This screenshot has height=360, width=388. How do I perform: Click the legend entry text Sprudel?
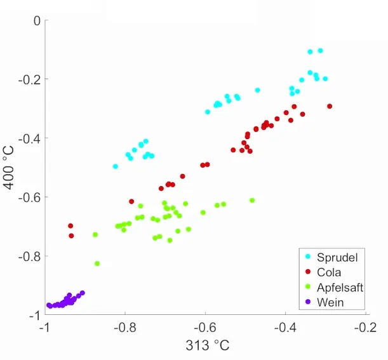point(337,258)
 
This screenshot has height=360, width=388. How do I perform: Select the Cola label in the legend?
point(329,272)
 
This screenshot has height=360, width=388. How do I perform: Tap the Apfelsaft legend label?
point(340,288)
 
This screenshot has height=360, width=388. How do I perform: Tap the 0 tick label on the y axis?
point(37,21)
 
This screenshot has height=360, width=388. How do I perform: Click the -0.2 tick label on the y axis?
point(31,79)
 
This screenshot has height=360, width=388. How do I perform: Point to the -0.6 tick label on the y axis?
point(31,197)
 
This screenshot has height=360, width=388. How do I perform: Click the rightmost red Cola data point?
point(330,106)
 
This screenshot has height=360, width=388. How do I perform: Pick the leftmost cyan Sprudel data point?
point(116,166)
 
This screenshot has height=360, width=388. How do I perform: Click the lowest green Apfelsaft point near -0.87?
point(97,263)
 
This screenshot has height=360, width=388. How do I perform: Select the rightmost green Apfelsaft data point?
point(252,200)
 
